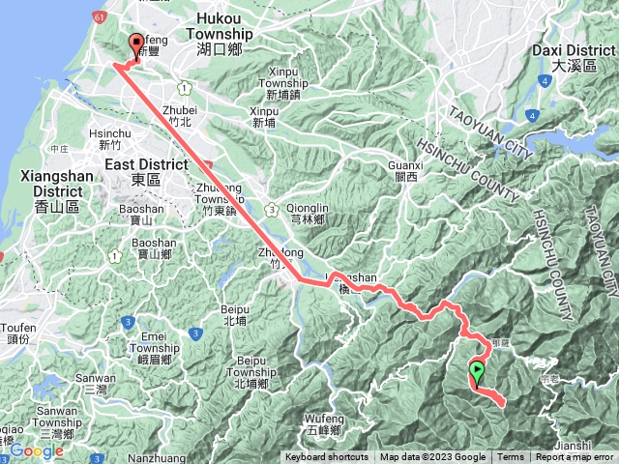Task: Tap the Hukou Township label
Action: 223,33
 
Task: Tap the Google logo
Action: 37,450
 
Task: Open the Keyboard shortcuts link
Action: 327,457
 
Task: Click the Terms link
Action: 511,457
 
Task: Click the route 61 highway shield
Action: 100,16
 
